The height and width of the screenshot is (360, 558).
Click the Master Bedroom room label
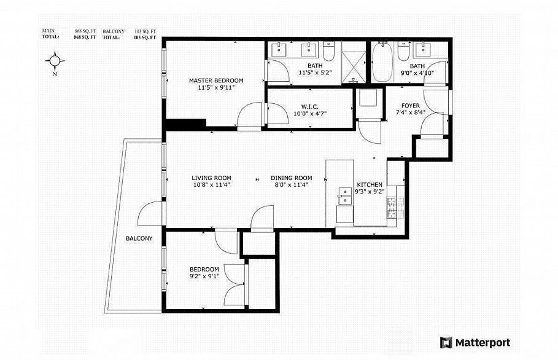(x=215, y=80)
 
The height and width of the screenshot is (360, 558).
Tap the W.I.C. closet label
(x=300, y=105)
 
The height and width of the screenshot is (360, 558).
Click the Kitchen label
(x=370, y=184)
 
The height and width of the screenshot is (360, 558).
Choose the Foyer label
(x=411, y=106)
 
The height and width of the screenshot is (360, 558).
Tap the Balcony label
(x=139, y=238)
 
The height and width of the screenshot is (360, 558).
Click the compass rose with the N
(x=55, y=61)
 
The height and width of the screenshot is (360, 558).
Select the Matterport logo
(x=475, y=342)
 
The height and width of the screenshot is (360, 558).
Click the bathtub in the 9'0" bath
(x=381, y=62)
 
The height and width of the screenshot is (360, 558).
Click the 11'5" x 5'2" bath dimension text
(x=314, y=73)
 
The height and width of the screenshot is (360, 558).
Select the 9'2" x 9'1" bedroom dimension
(x=203, y=276)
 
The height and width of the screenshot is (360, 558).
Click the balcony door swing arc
(x=150, y=215)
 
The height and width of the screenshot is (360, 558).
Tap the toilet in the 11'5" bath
(x=328, y=53)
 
